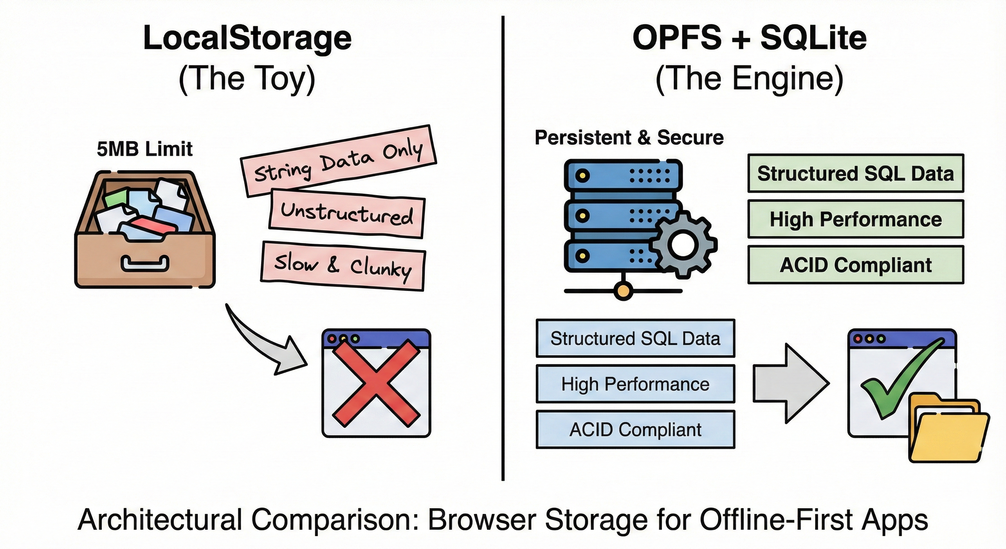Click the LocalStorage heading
coord(247,38)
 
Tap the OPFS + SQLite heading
coord(749,38)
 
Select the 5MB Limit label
coord(144,149)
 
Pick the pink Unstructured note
coord(347,213)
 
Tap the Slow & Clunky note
coord(343,266)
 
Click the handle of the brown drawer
coord(145,264)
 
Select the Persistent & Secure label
coord(629,138)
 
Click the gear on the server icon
coord(683,245)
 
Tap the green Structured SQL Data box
coord(855,173)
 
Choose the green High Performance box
coord(855,219)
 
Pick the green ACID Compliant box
coord(855,265)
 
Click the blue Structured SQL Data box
coord(635,338)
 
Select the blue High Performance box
coord(635,384)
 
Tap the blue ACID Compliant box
coord(635,429)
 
